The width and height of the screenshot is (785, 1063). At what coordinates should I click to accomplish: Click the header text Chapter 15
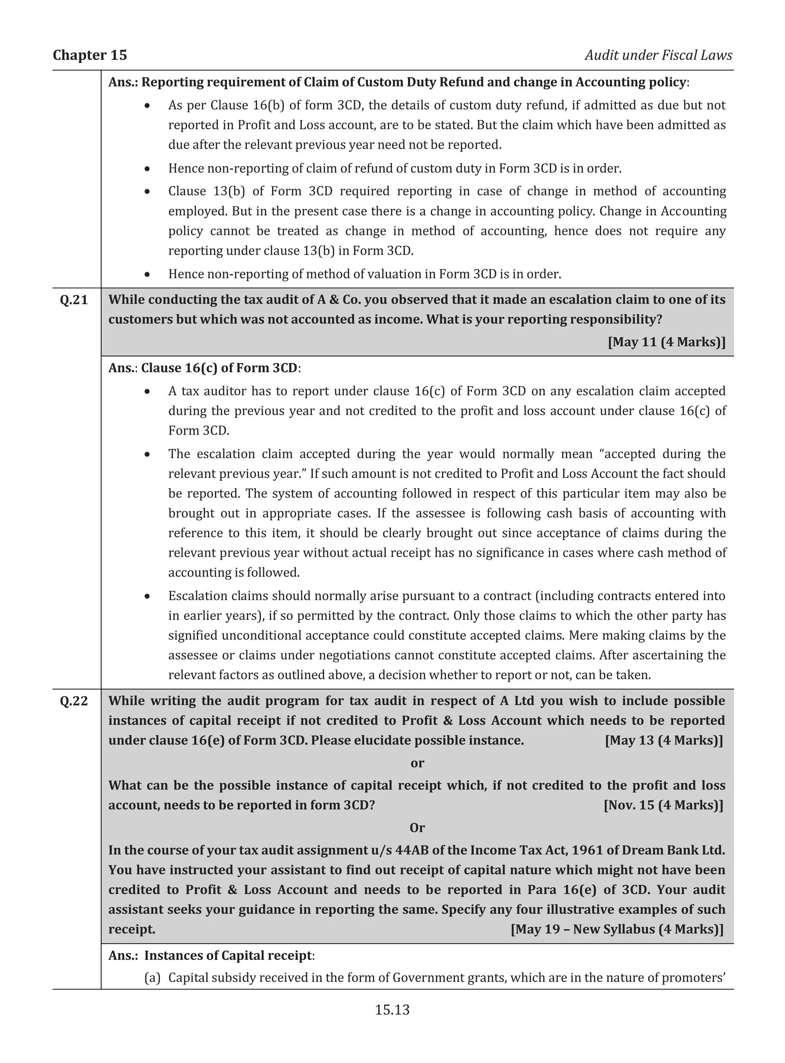(90, 55)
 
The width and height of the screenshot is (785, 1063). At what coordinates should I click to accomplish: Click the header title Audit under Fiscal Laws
(658, 55)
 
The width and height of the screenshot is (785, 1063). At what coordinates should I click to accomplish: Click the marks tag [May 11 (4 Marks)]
(666, 342)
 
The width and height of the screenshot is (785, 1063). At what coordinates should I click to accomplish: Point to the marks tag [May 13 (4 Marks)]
(664, 740)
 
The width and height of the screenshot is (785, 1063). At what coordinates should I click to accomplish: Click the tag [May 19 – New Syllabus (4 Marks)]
(617, 930)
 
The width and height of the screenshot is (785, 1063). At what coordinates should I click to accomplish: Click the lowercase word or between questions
(417, 763)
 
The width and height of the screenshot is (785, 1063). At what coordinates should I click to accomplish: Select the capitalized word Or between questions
(417, 828)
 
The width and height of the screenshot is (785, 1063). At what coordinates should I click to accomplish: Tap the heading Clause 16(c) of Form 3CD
(219, 368)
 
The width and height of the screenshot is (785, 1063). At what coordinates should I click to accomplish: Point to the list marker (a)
(153, 978)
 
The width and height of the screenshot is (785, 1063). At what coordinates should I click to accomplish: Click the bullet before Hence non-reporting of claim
(148, 169)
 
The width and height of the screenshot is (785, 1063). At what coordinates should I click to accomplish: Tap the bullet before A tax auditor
(148, 391)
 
